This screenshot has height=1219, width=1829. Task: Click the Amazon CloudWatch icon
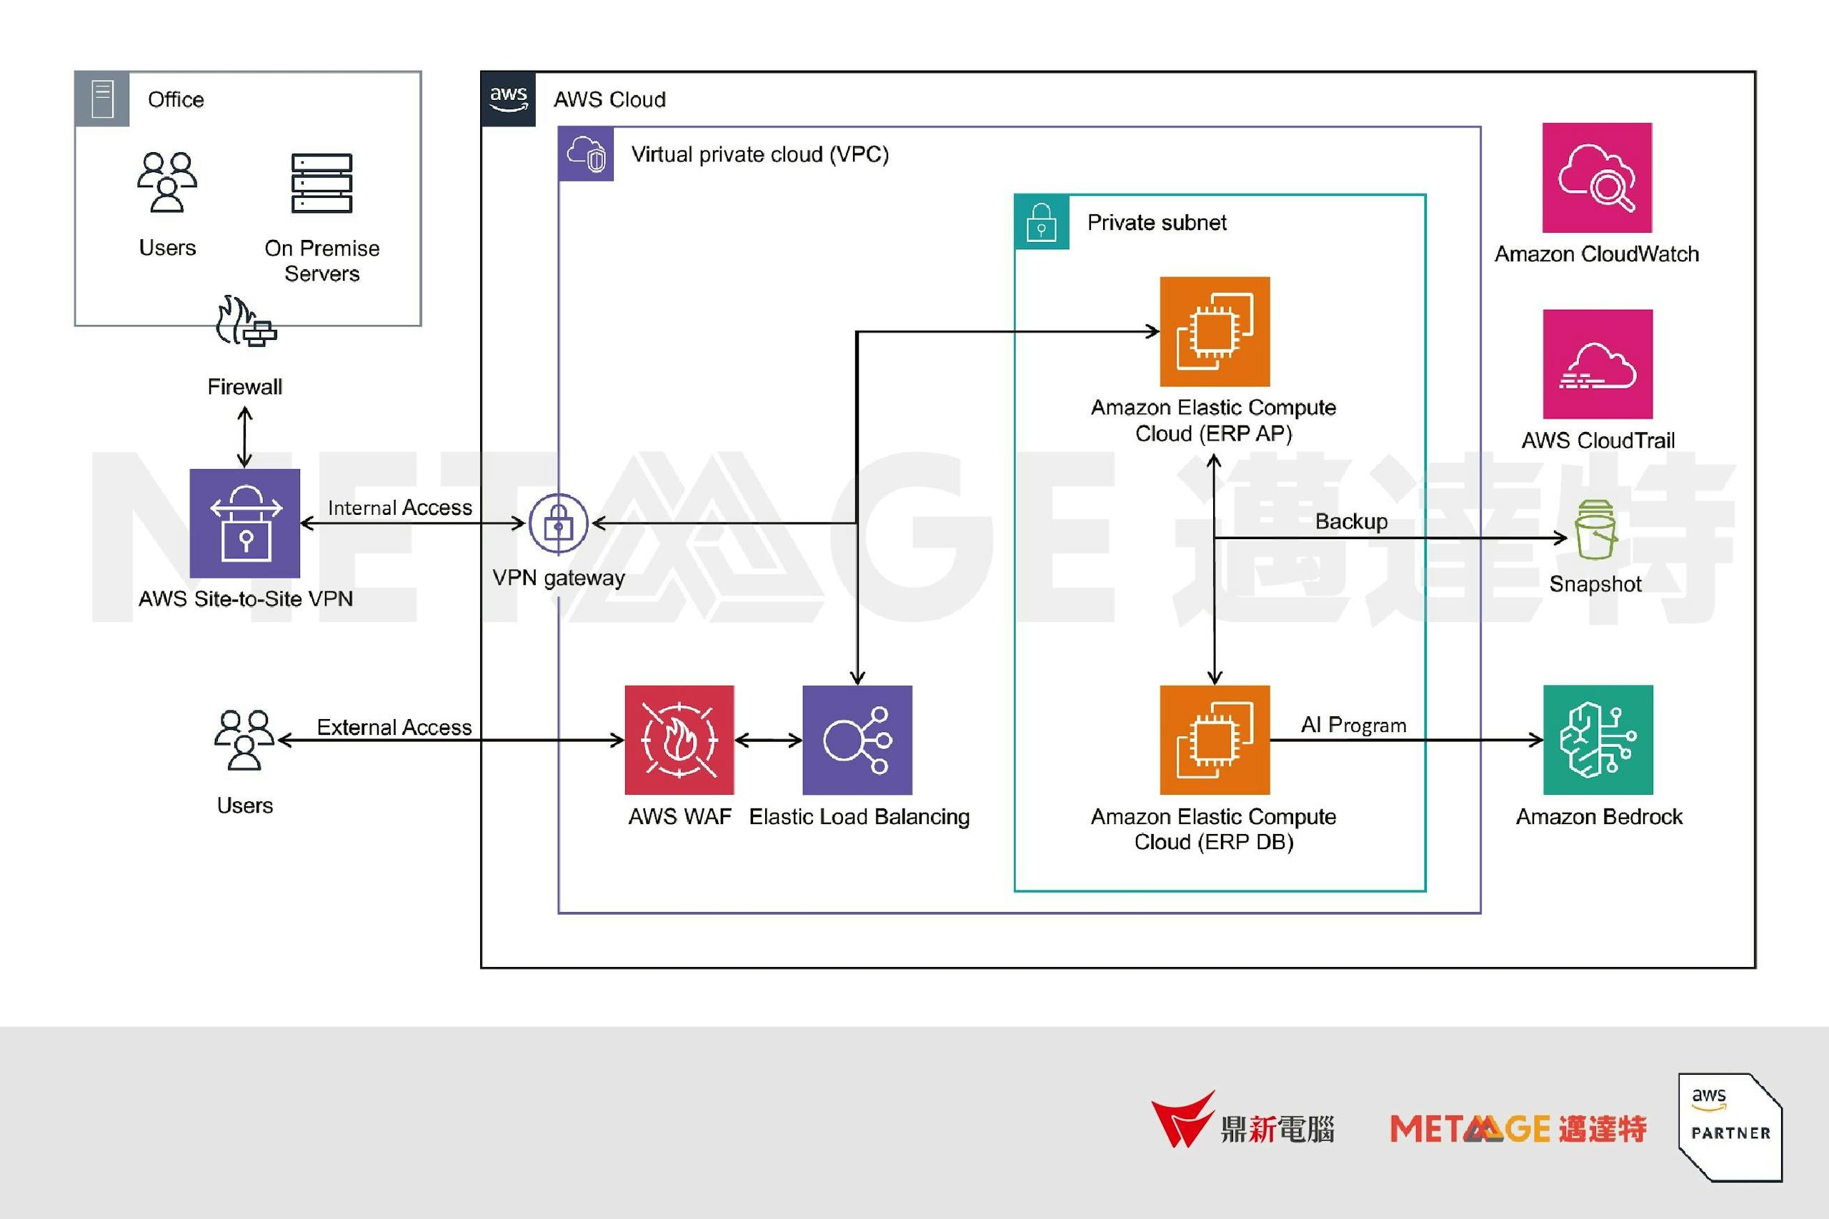pos(1597,177)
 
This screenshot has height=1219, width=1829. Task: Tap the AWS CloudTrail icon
pos(1598,363)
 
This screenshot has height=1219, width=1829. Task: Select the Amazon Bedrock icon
pos(1598,739)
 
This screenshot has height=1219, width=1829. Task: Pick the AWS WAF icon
pos(679,739)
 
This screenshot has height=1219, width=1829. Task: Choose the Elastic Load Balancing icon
pos(857,739)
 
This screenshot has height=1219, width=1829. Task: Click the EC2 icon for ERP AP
pos(1215,331)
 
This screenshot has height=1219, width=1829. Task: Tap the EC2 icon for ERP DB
pos(1215,739)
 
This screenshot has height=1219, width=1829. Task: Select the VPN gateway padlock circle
pos(558,523)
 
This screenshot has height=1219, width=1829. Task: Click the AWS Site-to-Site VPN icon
pos(245,523)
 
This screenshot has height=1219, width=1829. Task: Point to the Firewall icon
pos(246,321)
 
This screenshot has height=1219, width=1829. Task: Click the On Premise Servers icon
pos(322,183)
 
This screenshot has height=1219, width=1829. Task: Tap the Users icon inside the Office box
pos(167,182)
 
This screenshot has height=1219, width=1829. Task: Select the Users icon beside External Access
pos(244,739)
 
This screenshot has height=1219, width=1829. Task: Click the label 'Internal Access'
pos(399,508)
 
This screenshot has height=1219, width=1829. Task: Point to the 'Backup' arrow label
pos(1351,521)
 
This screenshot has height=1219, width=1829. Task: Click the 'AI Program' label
pos(1353,725)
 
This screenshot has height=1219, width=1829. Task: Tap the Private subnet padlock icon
pos(1041,222)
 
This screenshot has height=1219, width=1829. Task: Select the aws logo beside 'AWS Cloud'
pos(509,99)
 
